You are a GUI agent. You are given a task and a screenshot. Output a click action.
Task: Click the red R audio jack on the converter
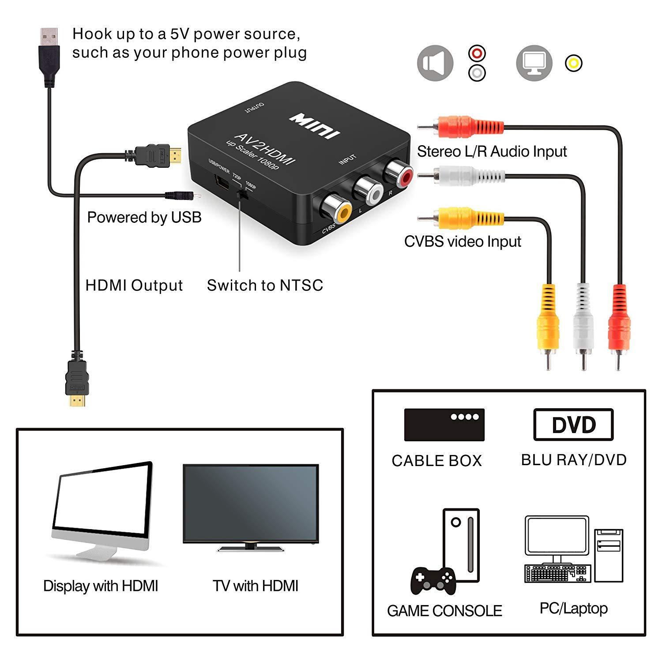(x=399, y=173)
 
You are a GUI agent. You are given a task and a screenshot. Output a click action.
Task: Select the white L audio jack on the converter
(x=368, y=190)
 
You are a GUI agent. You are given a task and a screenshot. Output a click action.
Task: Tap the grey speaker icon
(x=435, y=63)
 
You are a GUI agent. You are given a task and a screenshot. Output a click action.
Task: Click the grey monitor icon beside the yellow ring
(x=534, y=63)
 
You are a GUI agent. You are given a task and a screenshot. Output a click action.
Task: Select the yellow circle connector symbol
(x=573, y=63)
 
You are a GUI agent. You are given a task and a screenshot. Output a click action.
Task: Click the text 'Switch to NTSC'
(x=265, y=286)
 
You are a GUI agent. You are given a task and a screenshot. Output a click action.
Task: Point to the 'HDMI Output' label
(x=134, y=286)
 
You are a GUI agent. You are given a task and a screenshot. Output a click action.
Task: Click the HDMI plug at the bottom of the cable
(x=77, y=380)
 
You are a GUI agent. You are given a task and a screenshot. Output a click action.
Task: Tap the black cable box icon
(x=444, y=425)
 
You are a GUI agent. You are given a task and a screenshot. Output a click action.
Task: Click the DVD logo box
(x=573, y=425)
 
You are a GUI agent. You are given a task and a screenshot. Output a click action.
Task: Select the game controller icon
(x=433, y=580)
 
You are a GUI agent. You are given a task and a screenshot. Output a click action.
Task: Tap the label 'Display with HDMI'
(x=101, y=586)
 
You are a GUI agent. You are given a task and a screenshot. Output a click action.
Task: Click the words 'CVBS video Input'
(x=463, y=241)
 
